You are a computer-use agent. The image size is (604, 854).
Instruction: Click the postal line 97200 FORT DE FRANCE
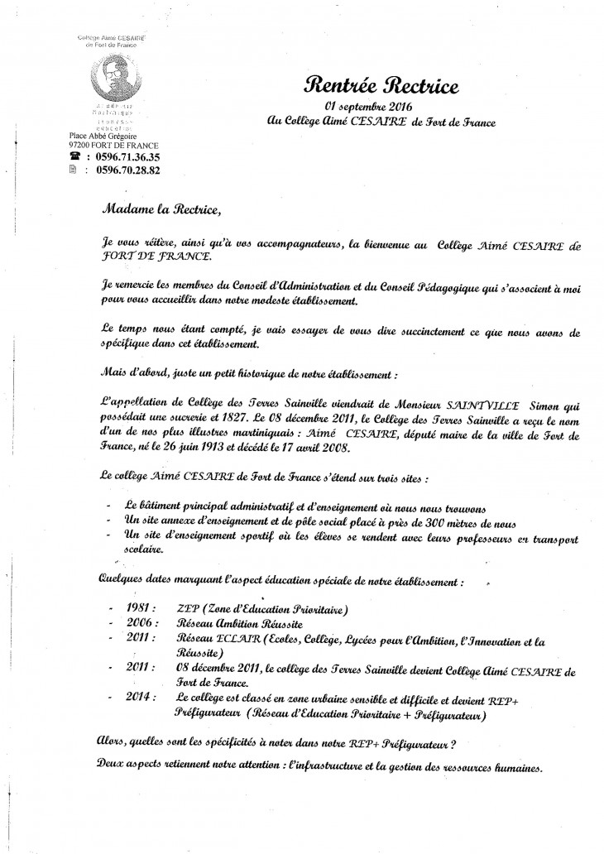tap(114, 144)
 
